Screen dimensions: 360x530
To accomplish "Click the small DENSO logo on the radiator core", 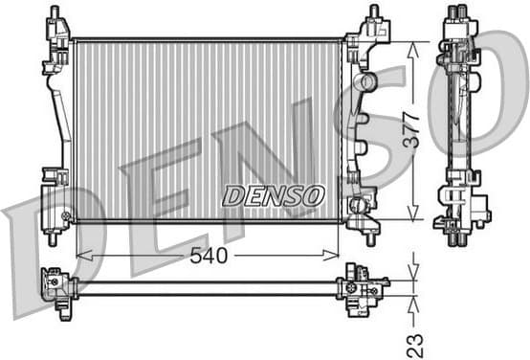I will click(274, 195).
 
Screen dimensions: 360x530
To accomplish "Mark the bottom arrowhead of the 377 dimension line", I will click(413, 216).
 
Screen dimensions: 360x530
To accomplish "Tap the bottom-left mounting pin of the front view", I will click(54, 238).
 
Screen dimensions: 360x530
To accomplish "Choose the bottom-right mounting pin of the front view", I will click(371, 238).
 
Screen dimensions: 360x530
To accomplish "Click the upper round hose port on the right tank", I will click(365, 83).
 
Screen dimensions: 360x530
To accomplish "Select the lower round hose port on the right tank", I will click(360, 205).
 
